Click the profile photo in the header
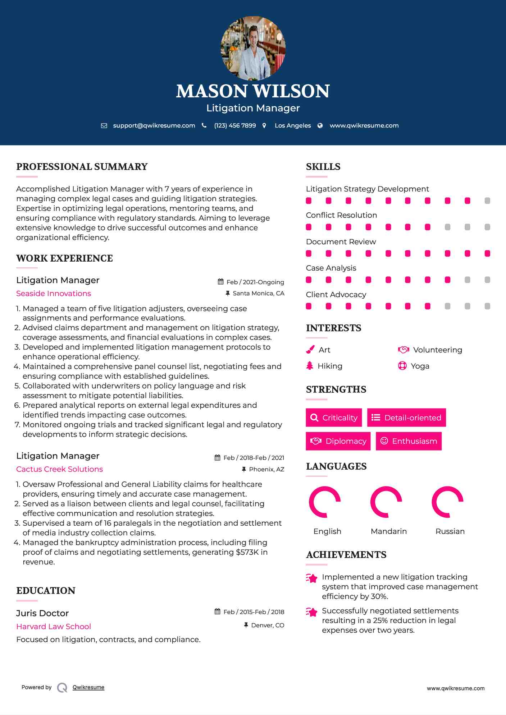(253, 48)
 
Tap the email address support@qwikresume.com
(154, 125)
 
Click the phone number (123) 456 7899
(235, 125)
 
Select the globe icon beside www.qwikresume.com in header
(320, 125)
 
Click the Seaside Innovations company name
(54, 294)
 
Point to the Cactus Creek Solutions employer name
(59, 469)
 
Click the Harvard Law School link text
(54, 627)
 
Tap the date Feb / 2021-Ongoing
(255, 282)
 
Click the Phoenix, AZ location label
(266, 469)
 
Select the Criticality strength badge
(334, 418)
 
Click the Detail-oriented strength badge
(406, 418)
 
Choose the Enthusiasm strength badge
(409, 441)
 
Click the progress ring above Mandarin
(386, 502)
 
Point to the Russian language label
(450, 531)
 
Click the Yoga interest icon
(402, 366)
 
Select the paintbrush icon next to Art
(310, 350)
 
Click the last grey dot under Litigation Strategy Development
(487, 201)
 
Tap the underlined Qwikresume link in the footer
(88, 687)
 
